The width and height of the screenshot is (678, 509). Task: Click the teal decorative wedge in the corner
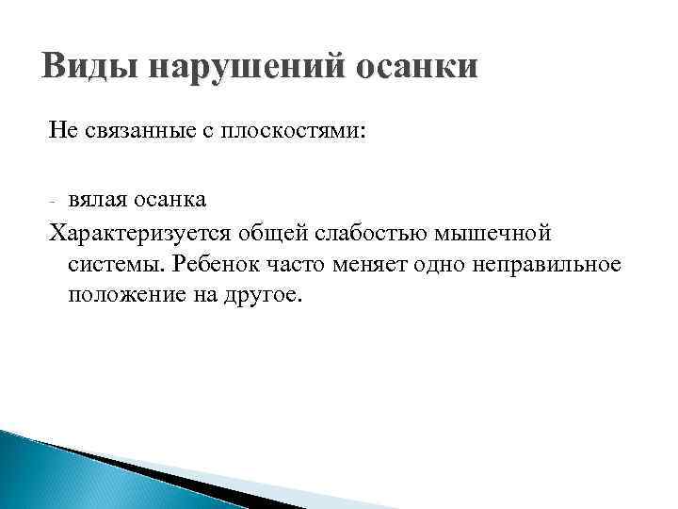(56, 471)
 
